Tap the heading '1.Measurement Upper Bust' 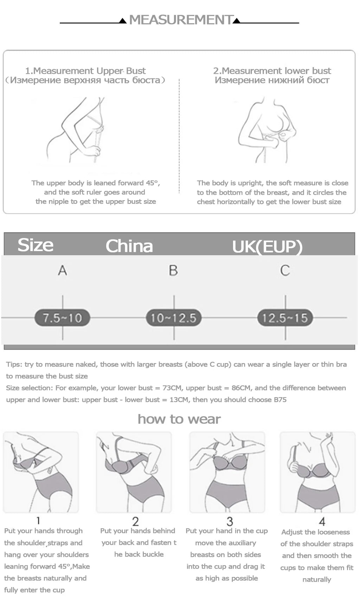click(85, 71)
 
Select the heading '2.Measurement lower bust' click(272, 71)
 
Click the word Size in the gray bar click(36, 245)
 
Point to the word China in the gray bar click(129, 246)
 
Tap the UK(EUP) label click(267, 247)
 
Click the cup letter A click(62, 271)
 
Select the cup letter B click(173, 271)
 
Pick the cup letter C click(285, 271)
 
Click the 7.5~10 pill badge click(62, 318)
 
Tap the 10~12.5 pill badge click(174, 318)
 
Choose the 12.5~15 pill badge click(285, 318)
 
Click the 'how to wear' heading click(179, 419)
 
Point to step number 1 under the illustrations click(38, 520)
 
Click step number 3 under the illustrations click(230, 521)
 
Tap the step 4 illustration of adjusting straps click(317, 472)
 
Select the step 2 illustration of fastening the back click(134, 472)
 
